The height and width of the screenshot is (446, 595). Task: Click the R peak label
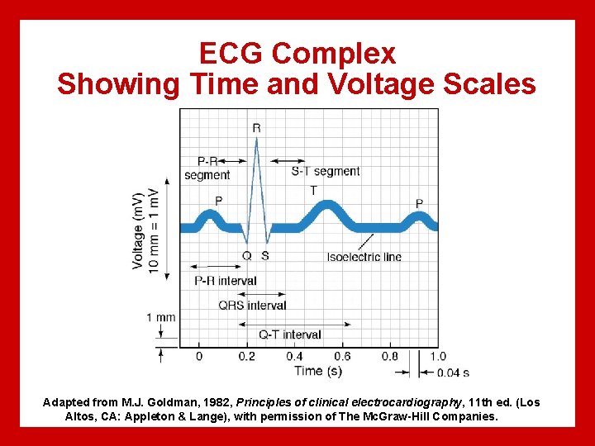pos(256,128)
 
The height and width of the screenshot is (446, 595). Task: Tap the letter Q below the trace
pos(246,256)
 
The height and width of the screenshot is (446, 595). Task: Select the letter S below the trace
pos(264,256)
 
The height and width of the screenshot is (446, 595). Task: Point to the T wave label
pos(313,190)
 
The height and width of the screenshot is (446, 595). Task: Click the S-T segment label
pos(326,172)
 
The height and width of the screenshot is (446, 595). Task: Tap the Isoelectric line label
pos(364,257)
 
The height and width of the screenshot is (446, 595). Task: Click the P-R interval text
pos(225,281)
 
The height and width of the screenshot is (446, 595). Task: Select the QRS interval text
pos(252,306)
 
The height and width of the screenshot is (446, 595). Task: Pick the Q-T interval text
pos(289,334)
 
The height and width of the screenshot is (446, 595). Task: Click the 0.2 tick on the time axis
pos(246,356)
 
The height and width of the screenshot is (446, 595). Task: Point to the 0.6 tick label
pos(342,356)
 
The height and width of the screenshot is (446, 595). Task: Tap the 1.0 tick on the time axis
pos(438,356)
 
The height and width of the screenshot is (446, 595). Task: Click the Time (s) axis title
pos(318,371)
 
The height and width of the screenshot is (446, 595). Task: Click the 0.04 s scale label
pos(453,372)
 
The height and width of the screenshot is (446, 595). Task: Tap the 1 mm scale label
pos(160,317)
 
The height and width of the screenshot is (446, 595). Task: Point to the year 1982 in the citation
pos(215,402)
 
